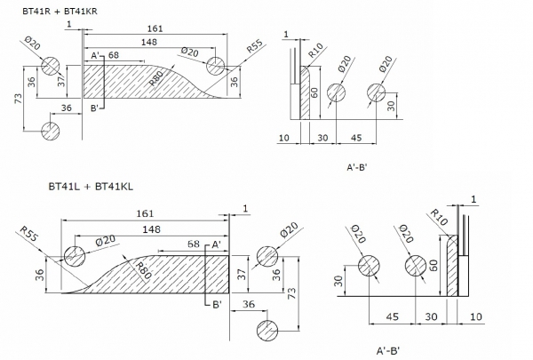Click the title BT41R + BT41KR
click(60, 12)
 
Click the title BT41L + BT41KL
click(91, 187)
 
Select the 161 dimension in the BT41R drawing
click(155, 28)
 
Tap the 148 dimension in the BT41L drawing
click(151, 229)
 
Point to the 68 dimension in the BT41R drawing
click(114, 55)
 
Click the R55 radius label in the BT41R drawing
click(255, 46)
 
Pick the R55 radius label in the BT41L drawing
click(28, 234)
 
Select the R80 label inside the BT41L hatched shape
click(143, 271)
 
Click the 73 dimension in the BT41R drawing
click(19, 99)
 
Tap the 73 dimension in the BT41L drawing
click(291, 293)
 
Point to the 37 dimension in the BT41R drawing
click(61, 81)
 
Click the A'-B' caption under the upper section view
click(357, 167)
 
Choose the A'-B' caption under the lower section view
click(388, 350)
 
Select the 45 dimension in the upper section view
click(356, 138)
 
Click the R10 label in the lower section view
click(439, 218)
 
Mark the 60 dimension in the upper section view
click(314, 92)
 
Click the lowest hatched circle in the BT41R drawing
click(51, 131)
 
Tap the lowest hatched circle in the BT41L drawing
click(267, 330)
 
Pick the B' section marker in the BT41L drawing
click(218, 305)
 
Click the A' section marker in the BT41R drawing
click(95, 55)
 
